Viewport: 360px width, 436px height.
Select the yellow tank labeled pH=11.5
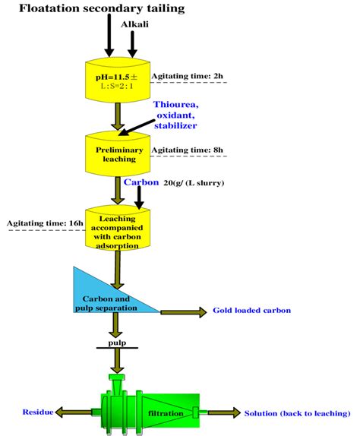click(118, 81)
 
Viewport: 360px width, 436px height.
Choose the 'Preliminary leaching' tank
click(118, 154)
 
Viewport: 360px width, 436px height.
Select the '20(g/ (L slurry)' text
click(194, 184)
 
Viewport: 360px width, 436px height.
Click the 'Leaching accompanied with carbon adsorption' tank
click(118, 229)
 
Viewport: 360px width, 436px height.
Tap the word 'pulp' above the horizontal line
click(117, 343)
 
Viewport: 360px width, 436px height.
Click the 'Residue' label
click(37, 412)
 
